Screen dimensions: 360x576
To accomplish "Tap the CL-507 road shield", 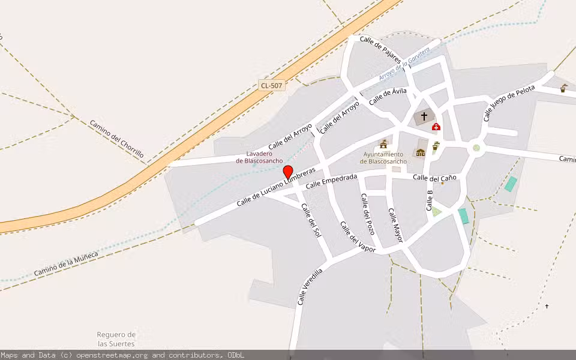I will point(271,86).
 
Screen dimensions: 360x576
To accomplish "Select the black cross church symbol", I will point(424,116).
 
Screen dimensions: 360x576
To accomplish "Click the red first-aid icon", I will point(436,127).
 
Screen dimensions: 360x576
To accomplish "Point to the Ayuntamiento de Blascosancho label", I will point(383,158).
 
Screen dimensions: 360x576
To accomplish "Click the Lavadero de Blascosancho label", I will point(259,157).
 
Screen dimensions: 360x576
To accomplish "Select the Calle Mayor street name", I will point(395,226).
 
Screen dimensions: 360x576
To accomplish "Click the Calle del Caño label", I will point(434,178).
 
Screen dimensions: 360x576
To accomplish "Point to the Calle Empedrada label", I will point(331,181).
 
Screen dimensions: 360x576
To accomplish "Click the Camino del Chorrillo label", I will point(117,139).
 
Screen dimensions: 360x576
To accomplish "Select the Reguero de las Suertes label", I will point(116,339).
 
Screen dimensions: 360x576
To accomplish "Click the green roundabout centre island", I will point(476,148).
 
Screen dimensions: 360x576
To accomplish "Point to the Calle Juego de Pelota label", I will point(509,103).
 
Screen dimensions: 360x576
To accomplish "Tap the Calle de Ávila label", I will point(388,96).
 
